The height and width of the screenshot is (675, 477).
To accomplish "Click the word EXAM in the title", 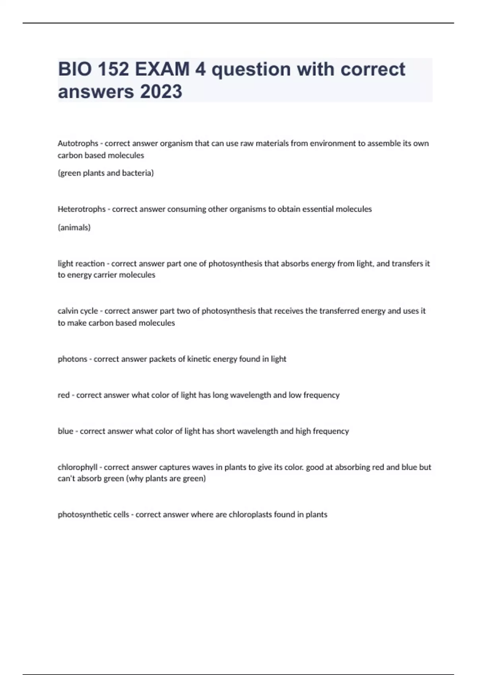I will click(x=162, y=69).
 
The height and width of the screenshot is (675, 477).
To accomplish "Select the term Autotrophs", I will click(x=78, y=143).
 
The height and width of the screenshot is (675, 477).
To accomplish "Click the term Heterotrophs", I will click(x=81, y=209).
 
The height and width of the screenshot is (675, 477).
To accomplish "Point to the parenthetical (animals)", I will click(x=74, y=228).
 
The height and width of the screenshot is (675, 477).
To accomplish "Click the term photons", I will click(x=72, y=359).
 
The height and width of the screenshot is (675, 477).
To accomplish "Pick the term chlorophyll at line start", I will click(x=78, y=467).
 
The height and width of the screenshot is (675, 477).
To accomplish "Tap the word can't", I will click(x=66, y=478).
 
